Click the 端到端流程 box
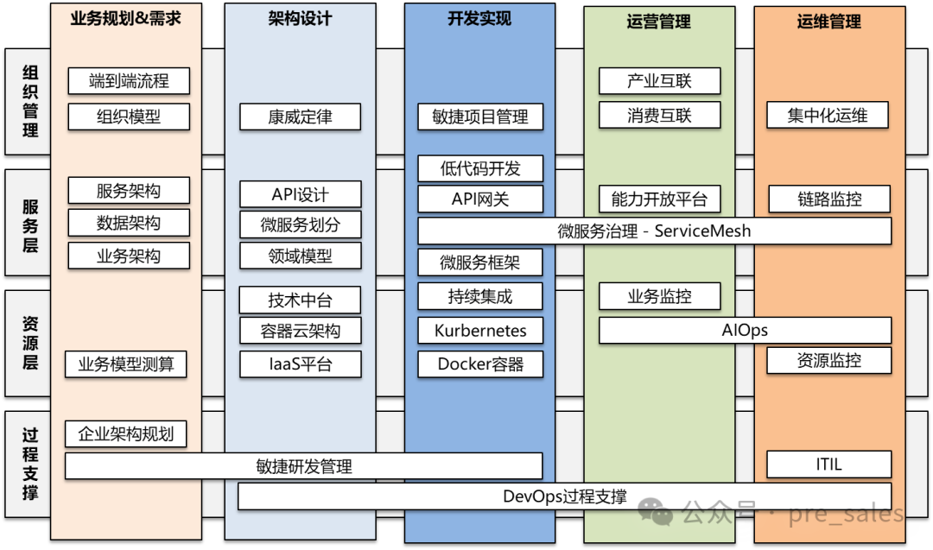[129, 81]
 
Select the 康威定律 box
[300, 117]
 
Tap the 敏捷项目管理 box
[480, 117]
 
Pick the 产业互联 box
[659, 81]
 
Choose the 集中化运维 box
[827, 115]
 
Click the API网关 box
[480, 199]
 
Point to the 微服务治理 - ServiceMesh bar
[654, 231]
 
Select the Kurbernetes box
[480, 330]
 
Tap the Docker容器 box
[480, 364]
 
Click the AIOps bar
[745, 330]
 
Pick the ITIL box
[828, 465]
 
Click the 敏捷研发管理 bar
[304, 466]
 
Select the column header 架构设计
[300, 19]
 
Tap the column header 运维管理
[828, 22]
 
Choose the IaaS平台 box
[300, 364]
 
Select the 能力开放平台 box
[659, 199]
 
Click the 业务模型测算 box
[126, 364]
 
